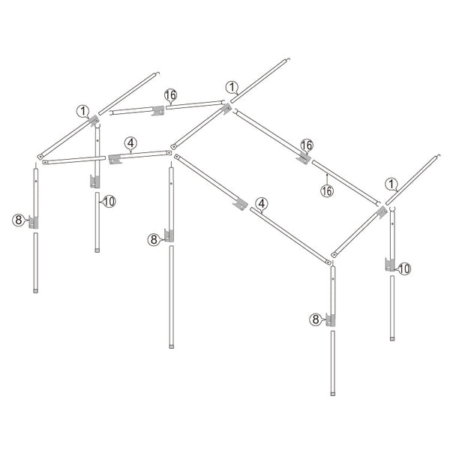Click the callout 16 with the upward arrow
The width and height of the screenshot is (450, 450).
tap(327, 190)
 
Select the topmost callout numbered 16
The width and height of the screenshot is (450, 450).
tap(170, 95)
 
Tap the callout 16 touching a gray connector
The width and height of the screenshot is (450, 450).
tap(307, 145)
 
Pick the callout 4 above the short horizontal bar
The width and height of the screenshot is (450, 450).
tap(130, 143)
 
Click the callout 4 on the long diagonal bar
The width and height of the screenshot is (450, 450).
tap(262, 203)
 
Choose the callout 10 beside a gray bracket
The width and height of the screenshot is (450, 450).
tap(404, 269)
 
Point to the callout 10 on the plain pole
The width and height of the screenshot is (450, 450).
tap(109, 202)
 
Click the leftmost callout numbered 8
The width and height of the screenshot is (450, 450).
tap(18, 220)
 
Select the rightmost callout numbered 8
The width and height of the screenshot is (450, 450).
tap(316, 319)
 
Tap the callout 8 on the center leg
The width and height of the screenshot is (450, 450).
tap(154, 240)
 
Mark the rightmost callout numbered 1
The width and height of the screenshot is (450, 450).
tap(391, 184)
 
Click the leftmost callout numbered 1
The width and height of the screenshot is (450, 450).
tap(83, 111)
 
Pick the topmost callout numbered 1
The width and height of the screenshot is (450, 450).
tap(232, 87)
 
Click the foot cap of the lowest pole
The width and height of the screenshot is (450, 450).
tap(332, 394)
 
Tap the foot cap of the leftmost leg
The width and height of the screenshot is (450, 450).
tap(35, 291)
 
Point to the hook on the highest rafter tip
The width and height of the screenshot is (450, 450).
tap(289, 59)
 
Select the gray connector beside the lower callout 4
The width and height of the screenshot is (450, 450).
tap(241, 204)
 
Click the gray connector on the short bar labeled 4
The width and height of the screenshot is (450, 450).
tap(115, 159)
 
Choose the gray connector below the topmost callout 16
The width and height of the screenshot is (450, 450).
tap(157, 110)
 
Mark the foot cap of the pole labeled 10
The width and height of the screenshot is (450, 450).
tap(97, 250)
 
